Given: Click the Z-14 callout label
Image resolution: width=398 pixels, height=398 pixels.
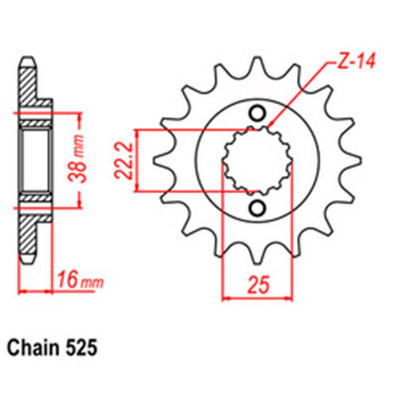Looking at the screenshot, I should click(x=353, y=64).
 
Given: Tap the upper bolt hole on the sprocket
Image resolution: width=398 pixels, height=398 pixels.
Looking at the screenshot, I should click(x=257, y=112).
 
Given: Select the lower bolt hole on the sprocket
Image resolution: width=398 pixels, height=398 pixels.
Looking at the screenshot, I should click(x=257, y=209).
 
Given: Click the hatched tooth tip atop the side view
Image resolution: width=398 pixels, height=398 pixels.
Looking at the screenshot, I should click(x=27, y=76).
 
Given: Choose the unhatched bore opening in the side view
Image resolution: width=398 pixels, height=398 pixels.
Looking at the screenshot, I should click(x=36, y=160).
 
